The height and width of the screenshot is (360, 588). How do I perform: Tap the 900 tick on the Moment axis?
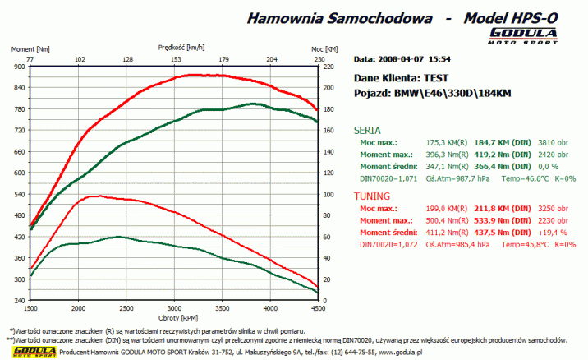20,67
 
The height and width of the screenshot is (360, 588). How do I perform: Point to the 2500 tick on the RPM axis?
126,307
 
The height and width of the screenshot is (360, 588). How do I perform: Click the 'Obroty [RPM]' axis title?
174,316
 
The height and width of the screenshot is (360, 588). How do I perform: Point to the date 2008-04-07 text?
406,59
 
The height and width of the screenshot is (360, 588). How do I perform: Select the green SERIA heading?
366,129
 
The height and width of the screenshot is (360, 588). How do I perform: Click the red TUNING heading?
372,196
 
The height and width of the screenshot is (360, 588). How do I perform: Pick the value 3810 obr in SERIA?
552,142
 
